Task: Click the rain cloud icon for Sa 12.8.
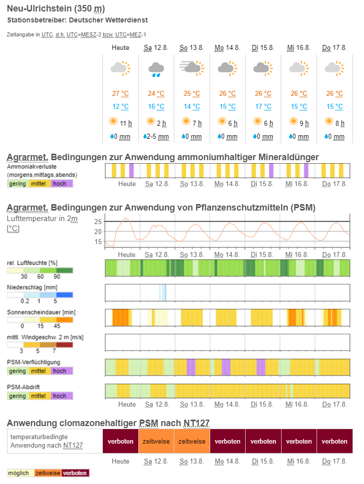coord(156,68)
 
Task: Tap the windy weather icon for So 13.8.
coord(192,67)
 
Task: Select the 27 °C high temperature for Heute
coord(120,93)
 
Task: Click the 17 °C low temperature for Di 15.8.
coord(263,106)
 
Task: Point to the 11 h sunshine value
coord(126,123)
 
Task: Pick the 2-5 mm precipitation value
coord(159,136)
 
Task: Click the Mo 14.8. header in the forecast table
coord(227,47)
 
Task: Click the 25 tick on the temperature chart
coord(98,222)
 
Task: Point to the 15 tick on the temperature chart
coord(98,242)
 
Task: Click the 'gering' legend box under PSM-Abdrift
coord(18,396)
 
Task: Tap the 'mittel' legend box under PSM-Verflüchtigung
coord(39,371)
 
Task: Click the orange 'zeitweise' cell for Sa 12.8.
coord(156,441)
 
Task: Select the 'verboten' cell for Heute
coord(120,441)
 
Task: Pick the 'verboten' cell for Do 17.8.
coord(334,441)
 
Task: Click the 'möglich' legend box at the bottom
coord(20,473)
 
